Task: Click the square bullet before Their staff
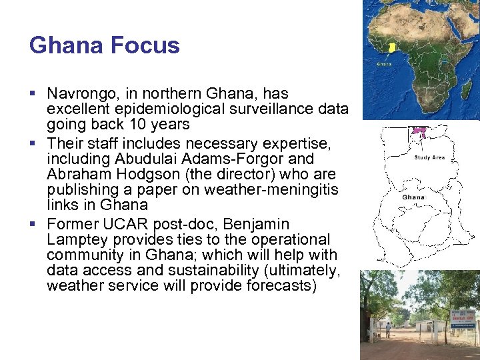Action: [x=33, y=143]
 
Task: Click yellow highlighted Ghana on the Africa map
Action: [x=392, y=47]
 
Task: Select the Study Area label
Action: [x=429, y=158]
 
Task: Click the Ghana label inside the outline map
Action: [x=413, y=197]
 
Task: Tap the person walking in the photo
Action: [x=388, y=329]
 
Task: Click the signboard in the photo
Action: [x=463, y=319]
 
